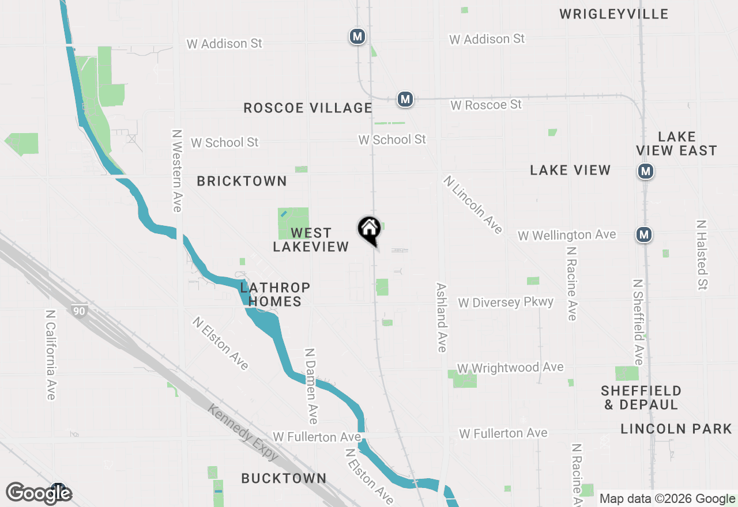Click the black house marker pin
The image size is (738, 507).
click(369, 229)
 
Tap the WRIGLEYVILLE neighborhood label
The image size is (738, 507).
click(613, 14)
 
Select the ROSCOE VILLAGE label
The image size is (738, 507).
click(307, 108)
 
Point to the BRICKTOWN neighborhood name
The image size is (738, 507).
click(242, 181)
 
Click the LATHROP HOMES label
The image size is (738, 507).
click(275, 294)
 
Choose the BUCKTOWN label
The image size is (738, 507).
click(284, 478)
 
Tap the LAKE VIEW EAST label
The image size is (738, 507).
click(676, 143)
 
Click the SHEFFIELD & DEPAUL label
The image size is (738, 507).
click(641, 398)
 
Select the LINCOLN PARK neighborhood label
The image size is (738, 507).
click(676, 429)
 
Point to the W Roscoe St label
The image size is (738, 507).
click(486, 105)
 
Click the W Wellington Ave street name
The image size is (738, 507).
click(566, 235)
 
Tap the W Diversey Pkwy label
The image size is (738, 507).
click(505, 302)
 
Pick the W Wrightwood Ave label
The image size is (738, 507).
click(510, 368)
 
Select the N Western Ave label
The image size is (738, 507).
click(177, 170)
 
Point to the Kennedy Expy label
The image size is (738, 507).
click(243, 432)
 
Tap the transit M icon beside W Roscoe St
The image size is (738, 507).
click(405, 99)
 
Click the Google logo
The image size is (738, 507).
click(39, 493)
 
